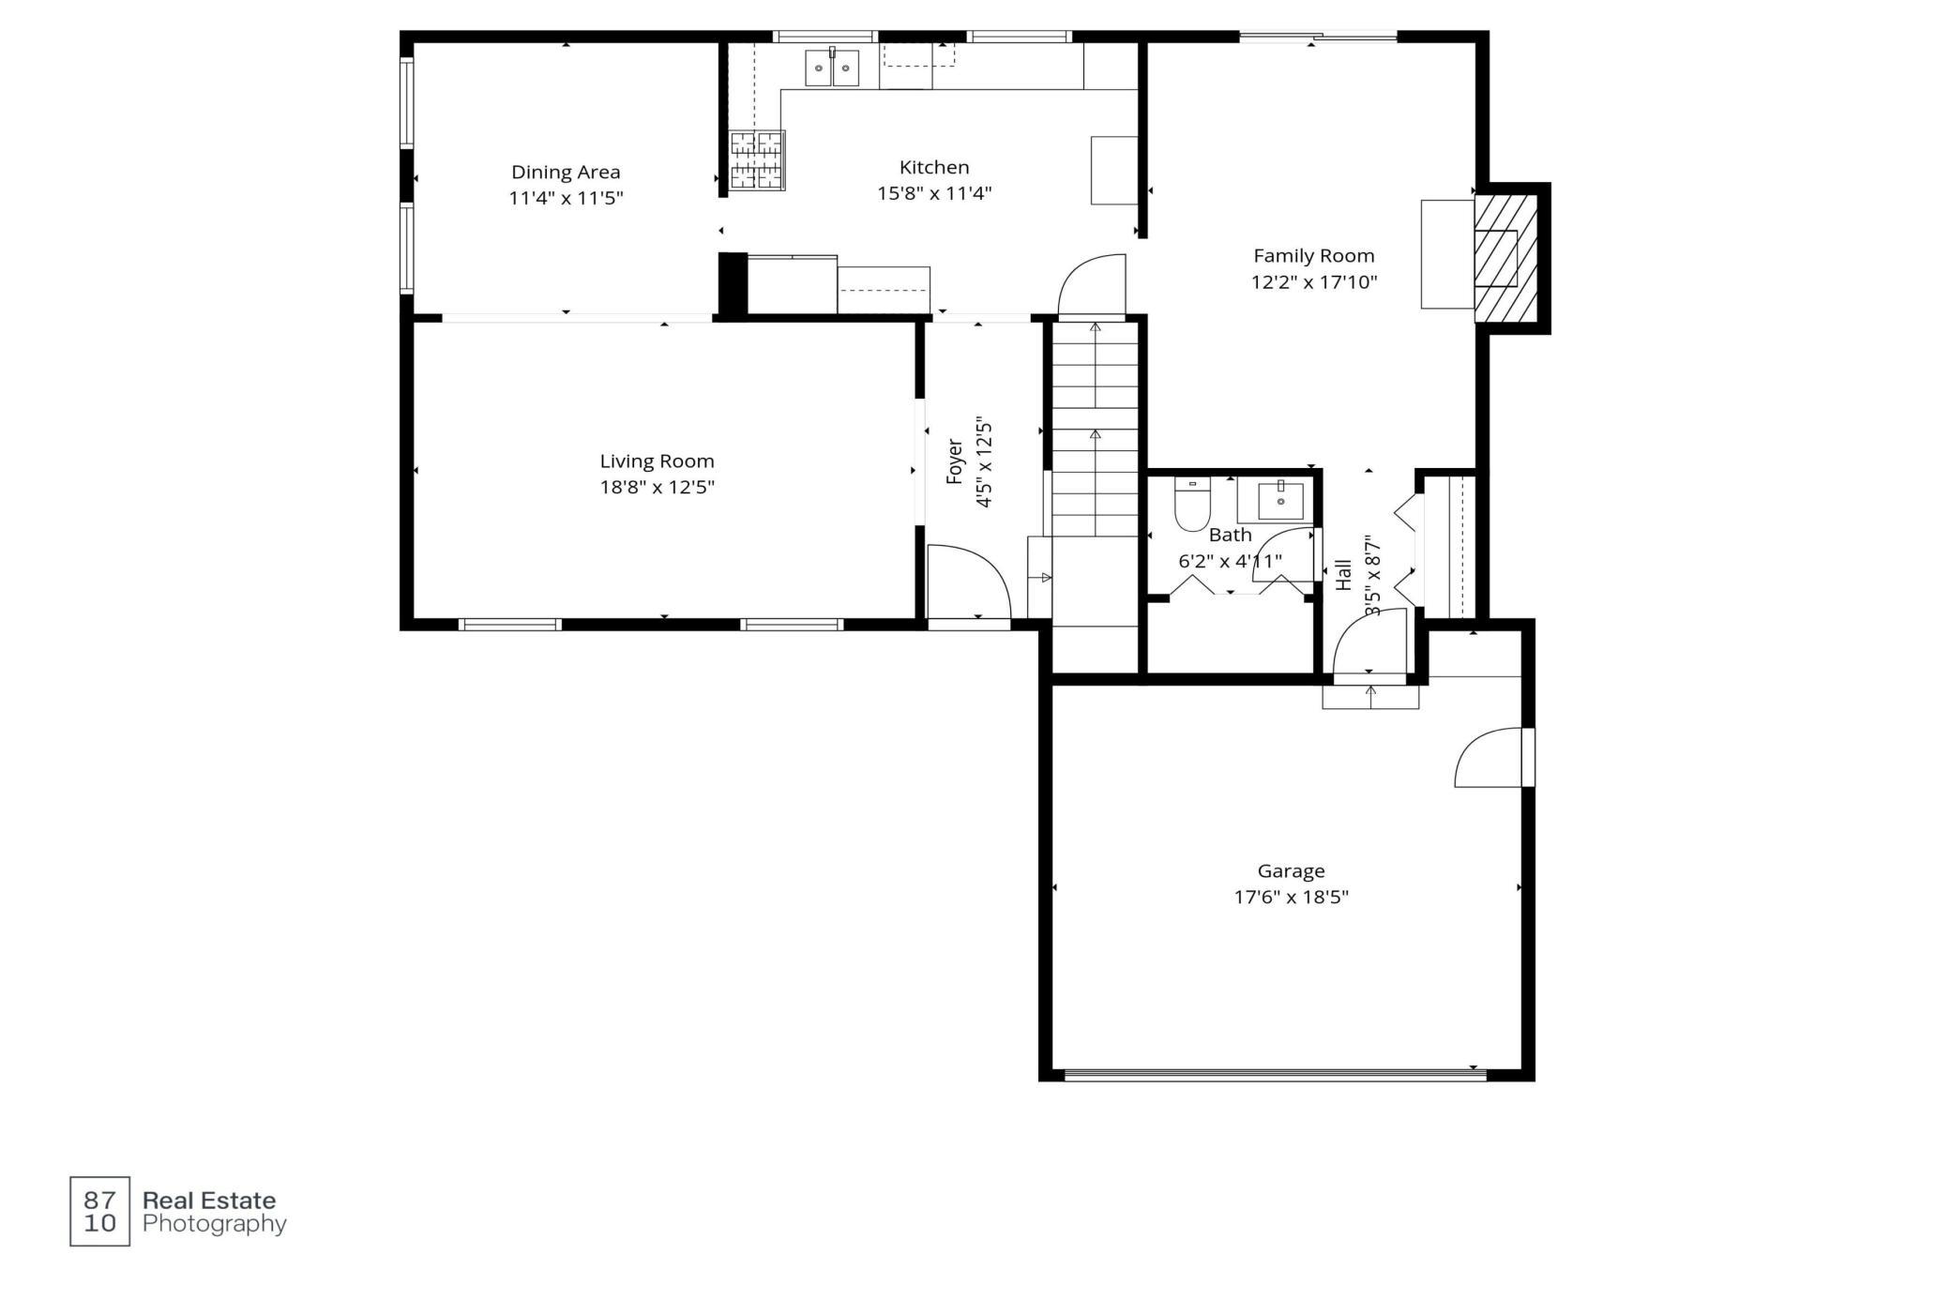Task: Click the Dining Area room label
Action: (x=566, y=173)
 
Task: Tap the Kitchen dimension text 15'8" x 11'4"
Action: (x=934, y=194)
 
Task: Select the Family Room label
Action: (x=1314, y=256)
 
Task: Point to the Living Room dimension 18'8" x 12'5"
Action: (x=658, y=488)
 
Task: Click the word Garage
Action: (x=1291, y=871)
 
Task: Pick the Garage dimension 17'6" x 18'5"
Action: (x=1291, y=898)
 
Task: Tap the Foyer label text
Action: (x=955, y=461)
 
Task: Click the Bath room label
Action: (x=1230, y=536)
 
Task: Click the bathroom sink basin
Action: (x=1280, y=500)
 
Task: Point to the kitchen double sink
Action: (x=831, y=68)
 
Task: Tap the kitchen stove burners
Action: (x=757, y=160)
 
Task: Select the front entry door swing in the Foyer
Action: (x=968, y=582)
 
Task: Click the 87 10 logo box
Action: (x=99, y=1212)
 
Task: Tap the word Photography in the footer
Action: (x=214, y=1224)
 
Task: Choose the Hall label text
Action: (x=1344, y=575)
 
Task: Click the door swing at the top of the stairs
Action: (x=1092, y=285)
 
